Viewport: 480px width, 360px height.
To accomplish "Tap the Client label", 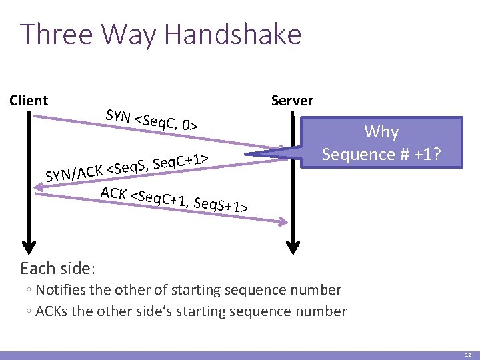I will (x=29, y=101).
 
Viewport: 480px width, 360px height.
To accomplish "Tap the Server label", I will (x=292, y=101).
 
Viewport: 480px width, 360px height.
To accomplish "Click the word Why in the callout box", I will (x=381, y=131).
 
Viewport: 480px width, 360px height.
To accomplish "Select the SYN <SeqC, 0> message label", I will (x=151, y=119).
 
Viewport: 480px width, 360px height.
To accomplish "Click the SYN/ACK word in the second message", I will (x=73, y=173).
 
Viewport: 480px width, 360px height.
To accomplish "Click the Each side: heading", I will (x=58, y=269).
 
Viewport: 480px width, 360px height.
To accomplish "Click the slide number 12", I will (x=468, y=355).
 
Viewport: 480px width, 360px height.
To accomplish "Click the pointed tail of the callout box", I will (x=257, y=155).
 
